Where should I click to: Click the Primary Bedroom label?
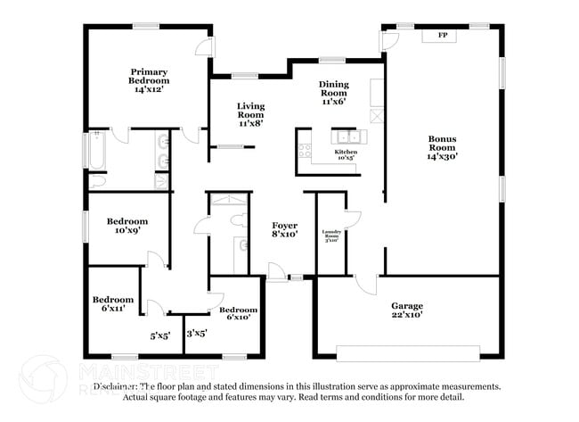[x=149, y=80]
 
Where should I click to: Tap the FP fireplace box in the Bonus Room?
[x=442, y=36]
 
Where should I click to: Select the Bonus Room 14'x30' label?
[x=442, y=147]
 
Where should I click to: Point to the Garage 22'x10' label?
[x=407, y=310]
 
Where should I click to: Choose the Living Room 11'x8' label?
[x=250, y=114]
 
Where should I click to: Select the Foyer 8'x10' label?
[x=284, y=229]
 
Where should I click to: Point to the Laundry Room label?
[x=331, y=236]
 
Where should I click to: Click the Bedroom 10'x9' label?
[x=126, y=226]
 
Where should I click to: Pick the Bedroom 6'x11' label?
[x=113, y=303]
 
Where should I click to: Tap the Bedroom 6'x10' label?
[x=238, y=313]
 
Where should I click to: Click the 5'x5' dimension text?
[x=160, y=336]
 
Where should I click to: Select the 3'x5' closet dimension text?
[x=196, y=334]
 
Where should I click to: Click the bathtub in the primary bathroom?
[x=96, y=150]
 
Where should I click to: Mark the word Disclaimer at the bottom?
[x=116, y=387]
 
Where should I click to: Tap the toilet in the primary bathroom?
[x=99, y=179]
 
